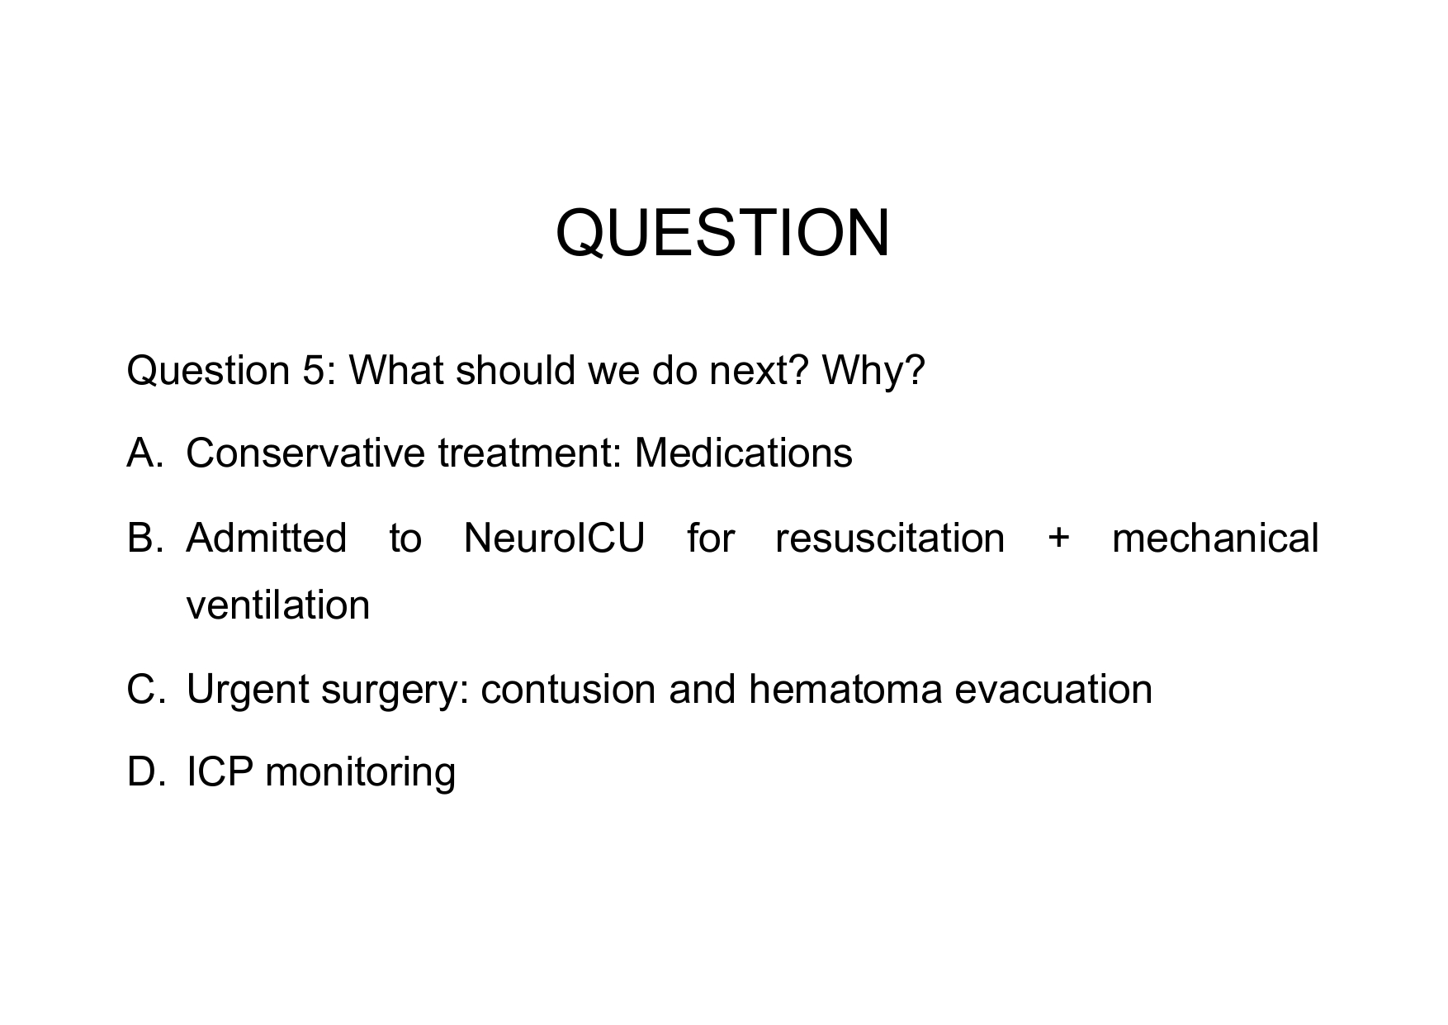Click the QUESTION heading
coord(722,233)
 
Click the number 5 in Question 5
coord(313,371)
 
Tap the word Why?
coord(873,371)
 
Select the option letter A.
coord(142,453)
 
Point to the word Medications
coord(743,453)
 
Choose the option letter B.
coord(142,539)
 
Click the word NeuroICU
coord(554,539)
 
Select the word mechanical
coord(1215,539)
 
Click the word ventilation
coord(278,605)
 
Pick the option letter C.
coord(142,690)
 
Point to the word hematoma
coord(845,690)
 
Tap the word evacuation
coord(1053,690)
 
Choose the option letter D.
coord(142,772)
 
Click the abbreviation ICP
coord(219,772)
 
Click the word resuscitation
coord(890,539)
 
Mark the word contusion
coord(568,690)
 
